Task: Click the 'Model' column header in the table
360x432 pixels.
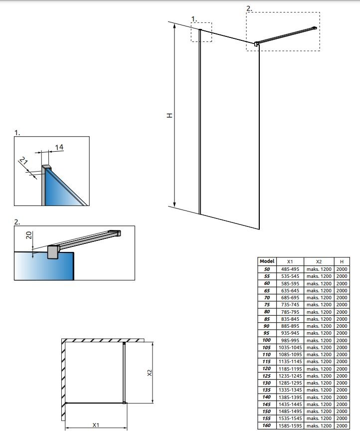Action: tap(267, 261)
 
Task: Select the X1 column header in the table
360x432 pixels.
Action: tap(290, 261)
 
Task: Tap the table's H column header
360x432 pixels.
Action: tap(342, 261)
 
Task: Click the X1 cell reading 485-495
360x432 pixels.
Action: tap(290, 269)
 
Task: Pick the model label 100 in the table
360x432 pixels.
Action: tap(267, 340)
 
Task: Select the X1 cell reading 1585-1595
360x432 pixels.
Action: tap(290, 425)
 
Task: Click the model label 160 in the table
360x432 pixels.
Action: tap(267, 425)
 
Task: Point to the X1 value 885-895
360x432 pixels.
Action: tap(290, 326)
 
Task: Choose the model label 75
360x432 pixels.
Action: tap(267, 304)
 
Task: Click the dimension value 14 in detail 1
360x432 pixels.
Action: tap(60, 147)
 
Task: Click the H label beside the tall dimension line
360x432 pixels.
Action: tap(170, 115)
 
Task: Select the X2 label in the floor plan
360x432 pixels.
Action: tap(150, 373)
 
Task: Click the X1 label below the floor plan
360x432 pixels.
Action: tap(96, 425)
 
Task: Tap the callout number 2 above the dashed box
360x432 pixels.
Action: tap(249, 8)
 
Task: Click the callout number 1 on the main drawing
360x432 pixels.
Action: tap(194, 19)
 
